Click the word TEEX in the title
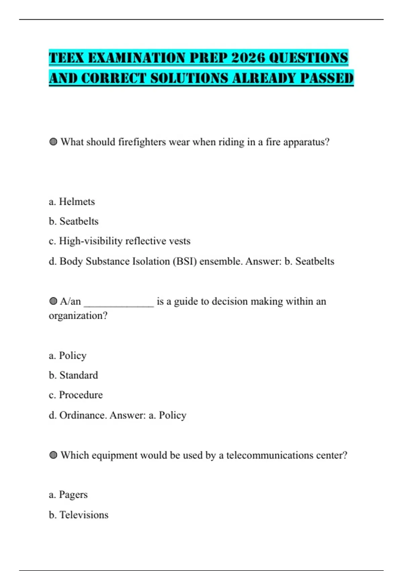tap(66, 58)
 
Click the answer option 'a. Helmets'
tap(72, 202)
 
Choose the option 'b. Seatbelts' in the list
tap(74, 221)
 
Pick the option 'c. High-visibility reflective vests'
tap(120, 241)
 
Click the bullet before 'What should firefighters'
tap(53, 142)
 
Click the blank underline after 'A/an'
tap(119, 302)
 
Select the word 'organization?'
tap(78, 316)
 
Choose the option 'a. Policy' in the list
tap(68, 355)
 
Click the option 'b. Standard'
tap(74, 375)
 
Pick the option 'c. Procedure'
tap(76, 395)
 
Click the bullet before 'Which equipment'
tap(53, 455)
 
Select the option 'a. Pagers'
tap(68, 495)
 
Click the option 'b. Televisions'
tap(79, 515)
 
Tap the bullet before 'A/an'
tap(53, 301)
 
